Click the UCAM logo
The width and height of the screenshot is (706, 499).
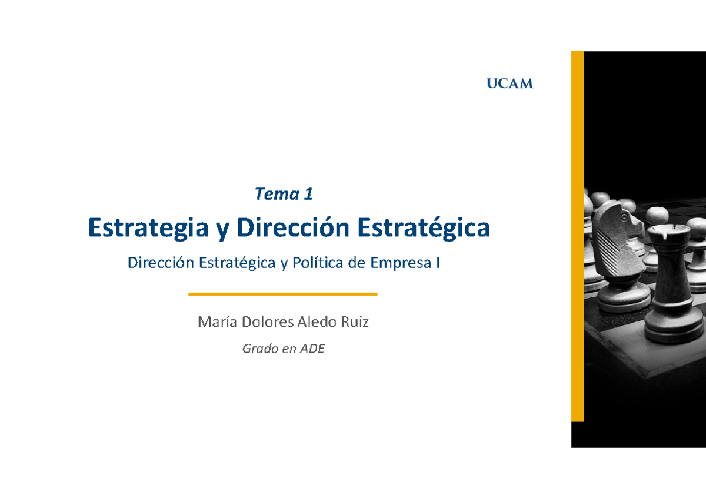pyautogui.click(x=509, y=84)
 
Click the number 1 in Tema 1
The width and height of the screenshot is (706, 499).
pyautogui.click(x=308, y=195)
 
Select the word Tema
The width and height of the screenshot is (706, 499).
pyautogui.click(x=275, y=195)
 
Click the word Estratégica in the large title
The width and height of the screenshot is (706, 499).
pyautogui.click(x=424, y=228)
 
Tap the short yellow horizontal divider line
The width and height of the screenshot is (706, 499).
pyautogui.click(x=282, y=294)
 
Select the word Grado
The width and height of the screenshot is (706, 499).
pyautogui.click(x=259, y=349)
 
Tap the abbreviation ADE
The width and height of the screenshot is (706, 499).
pyautogui.click(x=312, y=349)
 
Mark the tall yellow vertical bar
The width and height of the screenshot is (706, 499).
pyautogui.click(x=578, y=236)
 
